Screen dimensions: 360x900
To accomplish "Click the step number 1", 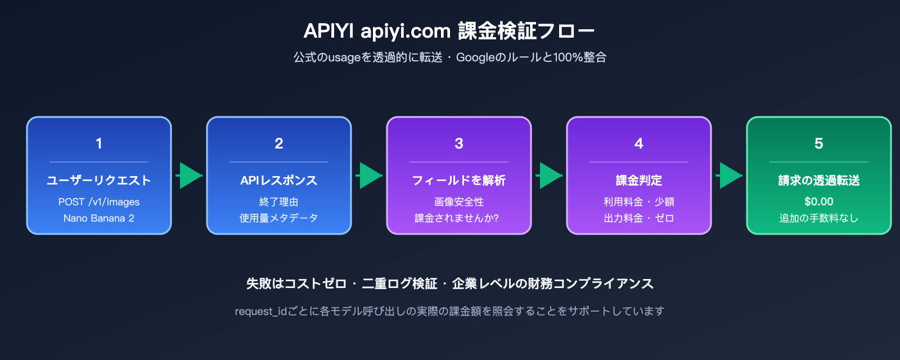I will pyautogui.click(x=99, y=143).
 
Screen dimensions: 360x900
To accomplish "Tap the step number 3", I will pyautogui.click(x=459, y=143).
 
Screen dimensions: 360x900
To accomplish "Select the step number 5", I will pyautogui.click(x=819, y=143).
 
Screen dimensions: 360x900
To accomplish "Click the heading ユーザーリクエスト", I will pyautogui.click(x=99, y=181).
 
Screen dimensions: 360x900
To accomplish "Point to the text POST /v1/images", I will pyautogui.click(x=99, y=202).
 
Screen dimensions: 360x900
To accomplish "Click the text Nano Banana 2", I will pyautogui.click(x=99, y=218).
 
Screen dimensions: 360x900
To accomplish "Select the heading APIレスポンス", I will pyautogui.click(x=279, y=181).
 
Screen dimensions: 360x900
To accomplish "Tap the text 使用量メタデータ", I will pyautogui.click(x=279, y=218).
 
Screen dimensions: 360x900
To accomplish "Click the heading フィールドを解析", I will pyautogui.click(x=459, y=181).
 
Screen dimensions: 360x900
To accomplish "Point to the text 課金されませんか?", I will pyautogui.click(x=457, y=218).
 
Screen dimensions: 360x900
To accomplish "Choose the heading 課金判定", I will pyautogui.click(x=639, y=181).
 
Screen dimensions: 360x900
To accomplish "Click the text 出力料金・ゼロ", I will pyautogui.click(x=639, y=218).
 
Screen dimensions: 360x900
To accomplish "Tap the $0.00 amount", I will pyautogui.click(x=819, y=201).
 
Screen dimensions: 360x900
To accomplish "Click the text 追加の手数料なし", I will pyautogui.click(x=819, y=218).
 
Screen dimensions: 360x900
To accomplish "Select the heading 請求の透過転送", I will pyautogui.click(x=819, y=181).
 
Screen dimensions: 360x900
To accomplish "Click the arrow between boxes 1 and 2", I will pyautogui.click(x=190, y=175).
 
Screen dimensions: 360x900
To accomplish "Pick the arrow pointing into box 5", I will pyautogui.click(x=730, y=175).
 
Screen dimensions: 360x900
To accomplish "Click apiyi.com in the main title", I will pyautogui.click(x=406, y=31).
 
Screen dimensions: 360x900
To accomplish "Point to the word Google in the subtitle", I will pyautogui.click(x=475, y=57).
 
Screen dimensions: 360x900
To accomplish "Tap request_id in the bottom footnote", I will pyautogui.click(x=261, y=311).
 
